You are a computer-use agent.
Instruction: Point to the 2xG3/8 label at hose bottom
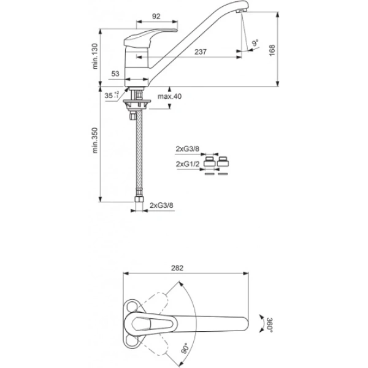coord(162,205)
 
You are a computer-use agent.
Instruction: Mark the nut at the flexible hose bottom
coord(139,201)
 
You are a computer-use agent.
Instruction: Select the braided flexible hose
coord(138,153)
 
